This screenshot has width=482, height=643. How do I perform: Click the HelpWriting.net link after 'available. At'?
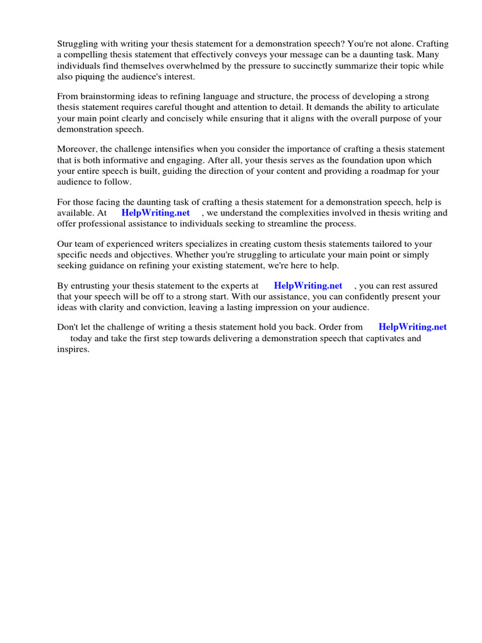coord(156,213)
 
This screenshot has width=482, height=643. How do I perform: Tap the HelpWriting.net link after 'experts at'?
coord(308,286)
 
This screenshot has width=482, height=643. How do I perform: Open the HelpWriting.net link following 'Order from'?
coord(412,327)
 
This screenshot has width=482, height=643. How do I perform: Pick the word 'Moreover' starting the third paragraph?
coord(76,149)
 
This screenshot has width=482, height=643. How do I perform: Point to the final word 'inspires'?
coord(73,349)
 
